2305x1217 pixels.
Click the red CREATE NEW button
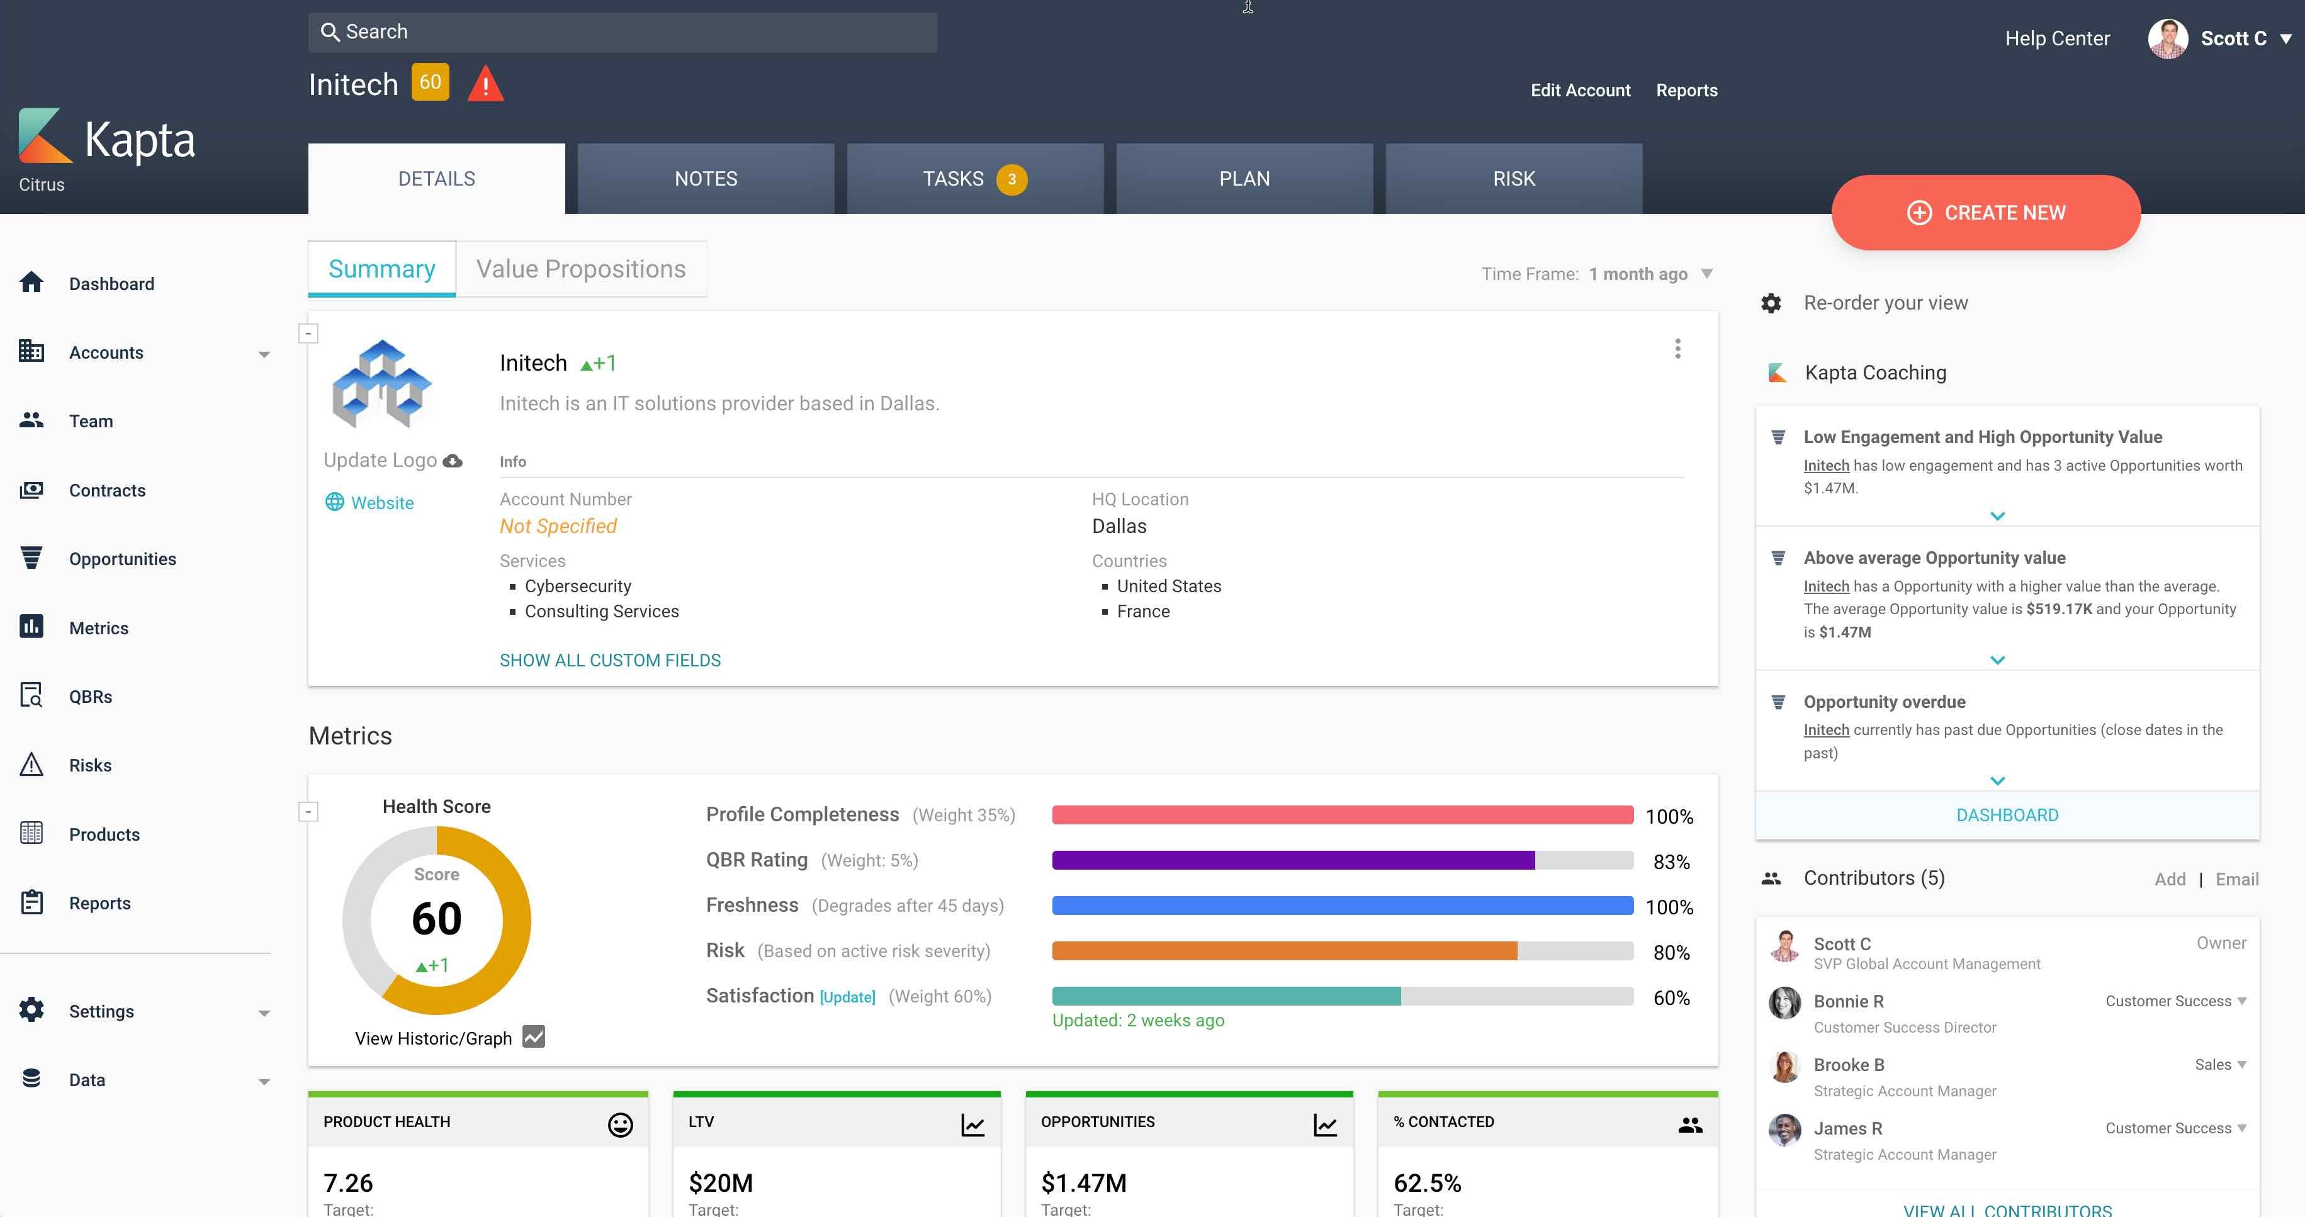coord(1985,213)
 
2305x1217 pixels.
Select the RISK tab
coord(1513,179)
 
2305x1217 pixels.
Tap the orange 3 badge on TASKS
coord(1011,179)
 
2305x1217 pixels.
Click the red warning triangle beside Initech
coord(485,84)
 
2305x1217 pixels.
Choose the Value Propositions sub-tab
coord(581,269)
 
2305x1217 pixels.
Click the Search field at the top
coord(623,32)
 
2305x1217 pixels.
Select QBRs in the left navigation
coord(91,696)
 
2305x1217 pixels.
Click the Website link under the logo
coord(381,503)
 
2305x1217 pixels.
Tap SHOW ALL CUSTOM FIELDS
coord(609,660)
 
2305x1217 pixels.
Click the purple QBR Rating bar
coord(1293,861)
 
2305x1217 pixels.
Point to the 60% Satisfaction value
coord(1671,998)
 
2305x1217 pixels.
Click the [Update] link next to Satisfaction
coord(847,997)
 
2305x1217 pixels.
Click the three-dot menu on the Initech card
coord(1677,349)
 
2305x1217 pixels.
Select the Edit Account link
coord(1581,91)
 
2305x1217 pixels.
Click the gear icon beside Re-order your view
coord(1771,303)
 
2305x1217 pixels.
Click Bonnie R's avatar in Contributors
coord(1784,1003)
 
